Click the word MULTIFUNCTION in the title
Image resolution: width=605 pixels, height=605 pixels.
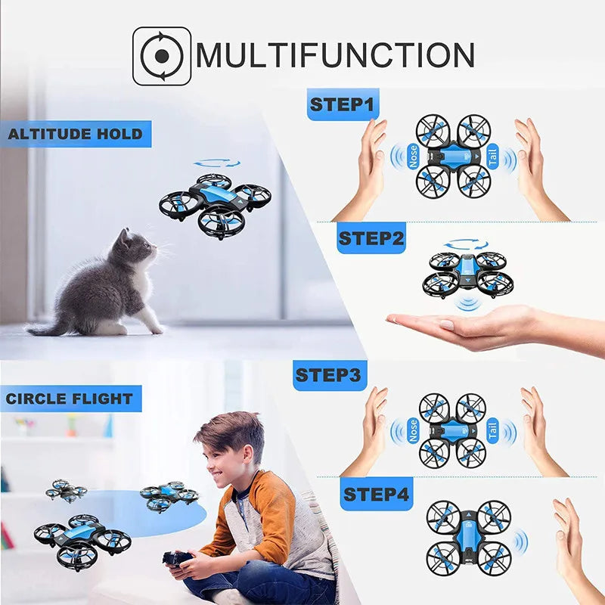click(x=335, y=56)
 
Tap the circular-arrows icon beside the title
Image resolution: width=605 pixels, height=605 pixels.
click(x=161, y=56)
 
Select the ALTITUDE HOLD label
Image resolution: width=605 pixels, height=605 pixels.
click(x=75, y=135)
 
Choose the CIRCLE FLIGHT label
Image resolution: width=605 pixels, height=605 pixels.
click(x=70, y=399)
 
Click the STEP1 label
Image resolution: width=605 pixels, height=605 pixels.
click(x=343, y=104)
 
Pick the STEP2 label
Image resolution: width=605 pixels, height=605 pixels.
click(x=371, y=238)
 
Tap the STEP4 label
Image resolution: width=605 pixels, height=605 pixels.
click(x=377, y=495)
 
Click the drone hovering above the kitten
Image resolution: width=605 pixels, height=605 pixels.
click(x=216, y=203)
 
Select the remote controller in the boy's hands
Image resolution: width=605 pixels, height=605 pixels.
click(x=177, y=559)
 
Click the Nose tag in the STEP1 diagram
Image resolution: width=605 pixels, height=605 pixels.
click(x=413, y=157)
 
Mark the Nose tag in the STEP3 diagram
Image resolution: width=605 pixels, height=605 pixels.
click(x=413, y=430)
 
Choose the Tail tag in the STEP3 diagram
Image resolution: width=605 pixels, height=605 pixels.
click(x=492, y=430)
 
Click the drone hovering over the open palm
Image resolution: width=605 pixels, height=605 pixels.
click(x=467, y=273)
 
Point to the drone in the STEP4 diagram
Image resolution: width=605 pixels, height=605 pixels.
click(x=468, y=536)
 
